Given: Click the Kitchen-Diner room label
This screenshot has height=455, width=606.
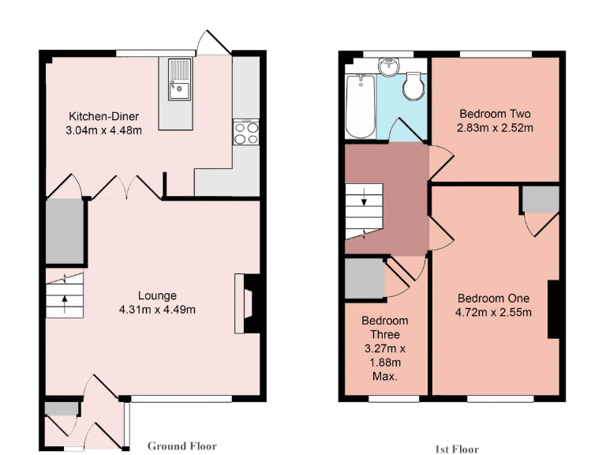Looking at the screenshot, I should click(103, 115).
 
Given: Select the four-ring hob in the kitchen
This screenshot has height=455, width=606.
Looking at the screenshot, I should click(245, 131).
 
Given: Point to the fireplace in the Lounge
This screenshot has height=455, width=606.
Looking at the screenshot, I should click(246, 304).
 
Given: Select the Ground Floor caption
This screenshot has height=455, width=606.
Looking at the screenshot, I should click(181, 446).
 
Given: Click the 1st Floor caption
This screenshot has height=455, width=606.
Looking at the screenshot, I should click(457, 449).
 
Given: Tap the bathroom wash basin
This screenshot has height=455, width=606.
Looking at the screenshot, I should click(388, 66).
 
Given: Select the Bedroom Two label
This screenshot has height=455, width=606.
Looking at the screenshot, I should click(495, 113).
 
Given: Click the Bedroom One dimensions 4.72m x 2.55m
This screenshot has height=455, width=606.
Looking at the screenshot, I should click(494, 312).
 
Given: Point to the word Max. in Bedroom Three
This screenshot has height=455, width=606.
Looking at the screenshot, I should click(384, 377).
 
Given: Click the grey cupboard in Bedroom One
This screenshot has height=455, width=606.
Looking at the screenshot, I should click(540, 201).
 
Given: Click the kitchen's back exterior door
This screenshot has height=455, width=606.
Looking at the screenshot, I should click(213, 43).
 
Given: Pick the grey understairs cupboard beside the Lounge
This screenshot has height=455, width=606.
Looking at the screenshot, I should click(64, 232).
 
